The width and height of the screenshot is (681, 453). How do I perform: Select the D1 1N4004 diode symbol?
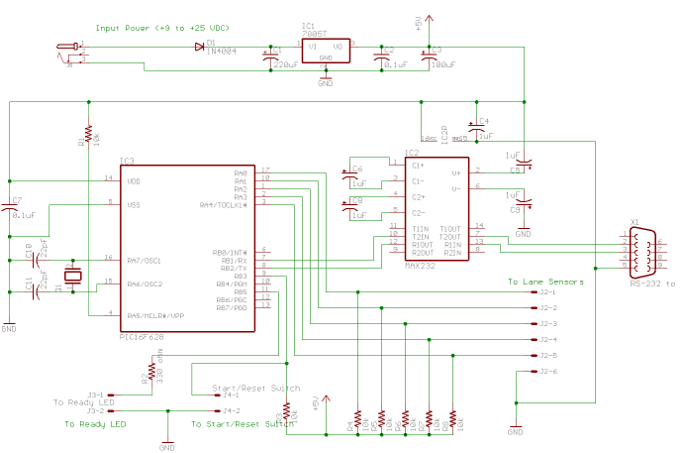pos(200,46)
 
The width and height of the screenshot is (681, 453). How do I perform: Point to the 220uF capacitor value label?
pos(287,63)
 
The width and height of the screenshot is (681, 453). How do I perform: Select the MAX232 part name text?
pos(421,266)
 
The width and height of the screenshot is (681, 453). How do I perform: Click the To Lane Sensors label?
pos(546,282)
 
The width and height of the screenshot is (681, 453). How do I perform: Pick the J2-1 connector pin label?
pos(547,292)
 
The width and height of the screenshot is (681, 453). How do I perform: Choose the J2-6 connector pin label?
pos(547,371)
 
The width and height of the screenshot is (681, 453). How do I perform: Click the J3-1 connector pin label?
pos(95,395)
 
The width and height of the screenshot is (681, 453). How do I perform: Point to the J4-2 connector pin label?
pos(232,410)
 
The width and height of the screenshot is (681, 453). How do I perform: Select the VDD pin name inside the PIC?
pos(134,180)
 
